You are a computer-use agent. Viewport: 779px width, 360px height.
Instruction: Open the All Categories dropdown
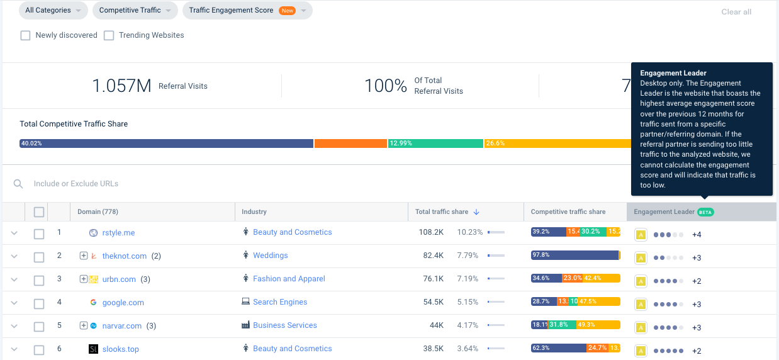(53, 10)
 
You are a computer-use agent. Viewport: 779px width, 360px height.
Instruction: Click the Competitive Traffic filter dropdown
(135, 10)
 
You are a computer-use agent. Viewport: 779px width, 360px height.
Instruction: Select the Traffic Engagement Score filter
(247, 10)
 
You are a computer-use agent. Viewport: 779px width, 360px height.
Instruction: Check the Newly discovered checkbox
(26, 35)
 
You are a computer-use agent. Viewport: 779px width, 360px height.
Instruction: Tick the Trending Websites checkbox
(109, 35)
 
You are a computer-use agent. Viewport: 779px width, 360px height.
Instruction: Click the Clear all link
(736, 12)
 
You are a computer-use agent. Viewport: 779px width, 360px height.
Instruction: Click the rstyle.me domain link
(118, 233)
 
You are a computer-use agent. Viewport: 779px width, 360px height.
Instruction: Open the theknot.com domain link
(124, 256)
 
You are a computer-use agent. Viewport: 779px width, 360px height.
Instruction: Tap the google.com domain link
(123, 303)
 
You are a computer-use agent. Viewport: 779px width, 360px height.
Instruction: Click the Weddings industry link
(270, 256)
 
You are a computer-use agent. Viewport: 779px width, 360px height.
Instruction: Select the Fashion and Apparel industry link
(289, 279)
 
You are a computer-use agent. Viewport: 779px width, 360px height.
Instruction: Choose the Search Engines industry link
(280, 302)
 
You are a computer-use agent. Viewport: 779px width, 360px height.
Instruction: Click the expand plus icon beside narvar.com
(83, 326)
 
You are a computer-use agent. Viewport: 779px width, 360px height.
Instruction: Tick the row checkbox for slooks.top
(39, 350)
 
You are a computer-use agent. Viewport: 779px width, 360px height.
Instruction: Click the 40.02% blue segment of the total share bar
(167, 143)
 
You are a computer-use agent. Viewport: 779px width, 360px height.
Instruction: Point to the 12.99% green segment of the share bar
(435, 143)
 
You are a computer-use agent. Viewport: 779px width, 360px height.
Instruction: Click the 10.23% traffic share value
(469, 232)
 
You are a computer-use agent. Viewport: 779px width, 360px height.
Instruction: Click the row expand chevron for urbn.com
(14, 279)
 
